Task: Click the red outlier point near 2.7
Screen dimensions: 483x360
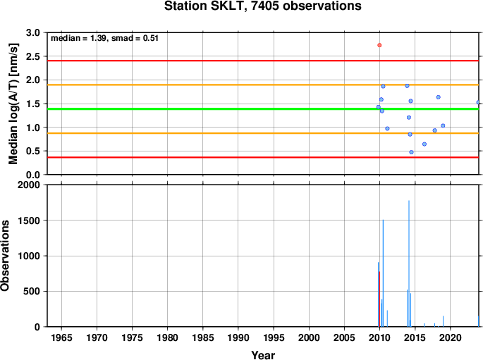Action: point(379,45)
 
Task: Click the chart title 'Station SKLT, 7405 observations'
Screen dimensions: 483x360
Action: point(263,6)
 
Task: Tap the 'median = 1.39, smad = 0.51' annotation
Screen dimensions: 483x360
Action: point(104,38)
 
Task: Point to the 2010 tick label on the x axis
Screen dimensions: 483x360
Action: point(379,337)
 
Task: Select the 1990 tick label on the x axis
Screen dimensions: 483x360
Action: point(238,337)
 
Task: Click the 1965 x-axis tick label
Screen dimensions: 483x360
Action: point(61,337)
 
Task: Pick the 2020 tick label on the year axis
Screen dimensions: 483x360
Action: point(451,337)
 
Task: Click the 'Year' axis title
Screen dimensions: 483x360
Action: point(263,355)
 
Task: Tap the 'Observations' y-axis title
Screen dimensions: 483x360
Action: point(5,256)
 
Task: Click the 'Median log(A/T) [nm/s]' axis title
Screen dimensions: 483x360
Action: point(13,104)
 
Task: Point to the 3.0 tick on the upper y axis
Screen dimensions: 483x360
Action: point(33,32)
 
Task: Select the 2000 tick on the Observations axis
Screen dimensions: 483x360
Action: point(29,185)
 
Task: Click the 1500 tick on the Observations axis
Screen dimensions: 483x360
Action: point(29,221)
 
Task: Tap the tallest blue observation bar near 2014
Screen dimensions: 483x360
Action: point(409,263)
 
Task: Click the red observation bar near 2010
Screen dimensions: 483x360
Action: point(379,299)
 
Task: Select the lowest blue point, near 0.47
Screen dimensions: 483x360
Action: point(411,152)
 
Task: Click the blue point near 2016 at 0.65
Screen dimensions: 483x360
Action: point(424,144)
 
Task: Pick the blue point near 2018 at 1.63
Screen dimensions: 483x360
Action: point(438,97)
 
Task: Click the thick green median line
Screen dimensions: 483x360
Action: point(263,109)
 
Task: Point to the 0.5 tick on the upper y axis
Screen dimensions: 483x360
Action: point(33,151)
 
